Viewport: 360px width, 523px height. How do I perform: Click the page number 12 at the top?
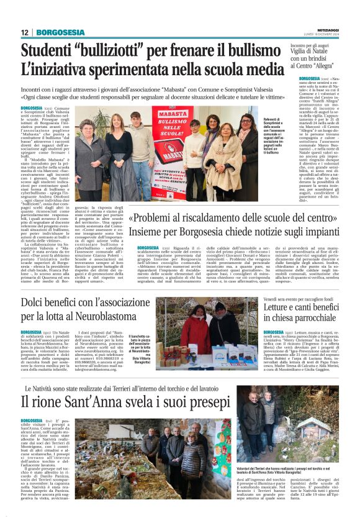coord(24,33)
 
